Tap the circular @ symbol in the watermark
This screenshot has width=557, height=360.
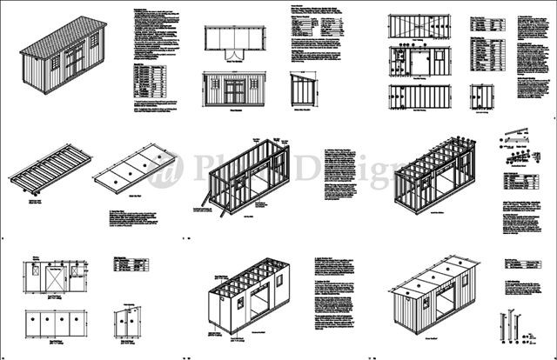click(166, 171)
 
